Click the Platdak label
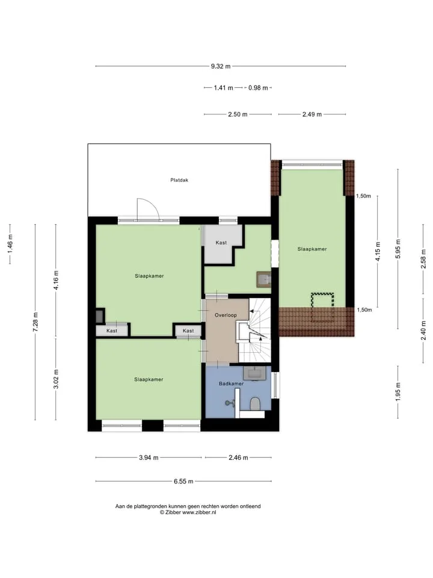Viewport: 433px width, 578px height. click(x=179, y=180)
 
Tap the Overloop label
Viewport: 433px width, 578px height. click(x=226, y=315)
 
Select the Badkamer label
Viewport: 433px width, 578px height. click(x=231, y=384)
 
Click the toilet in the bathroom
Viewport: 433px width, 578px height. click(x=255, y=403)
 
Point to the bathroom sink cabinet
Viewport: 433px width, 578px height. click(x=257, y=373)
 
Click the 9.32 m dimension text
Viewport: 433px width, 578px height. click(x=221, y=66)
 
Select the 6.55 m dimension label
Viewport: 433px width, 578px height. click(x=184, y=482)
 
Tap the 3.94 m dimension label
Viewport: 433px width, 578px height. click(x=149, y=458)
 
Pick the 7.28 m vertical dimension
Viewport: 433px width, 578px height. click(x=35, y=322)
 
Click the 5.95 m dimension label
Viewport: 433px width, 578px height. click(x=398, y=249)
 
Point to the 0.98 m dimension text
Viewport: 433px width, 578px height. click(x=258, y=88)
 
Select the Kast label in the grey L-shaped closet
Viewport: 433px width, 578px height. click(x=221, y=243)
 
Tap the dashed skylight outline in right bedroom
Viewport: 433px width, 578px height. click(x=322, y=308)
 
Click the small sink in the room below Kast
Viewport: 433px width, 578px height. click(x=263, y=279)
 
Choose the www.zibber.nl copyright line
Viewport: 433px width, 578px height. click(x=188, y=512)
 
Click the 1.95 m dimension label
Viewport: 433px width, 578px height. click(x=398, y=392)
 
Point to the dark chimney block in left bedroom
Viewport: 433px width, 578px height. click(x=100, y=316)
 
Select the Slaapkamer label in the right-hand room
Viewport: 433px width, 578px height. click(x=312, y=249)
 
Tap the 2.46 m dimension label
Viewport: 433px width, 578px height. click(x=238, y=458)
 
